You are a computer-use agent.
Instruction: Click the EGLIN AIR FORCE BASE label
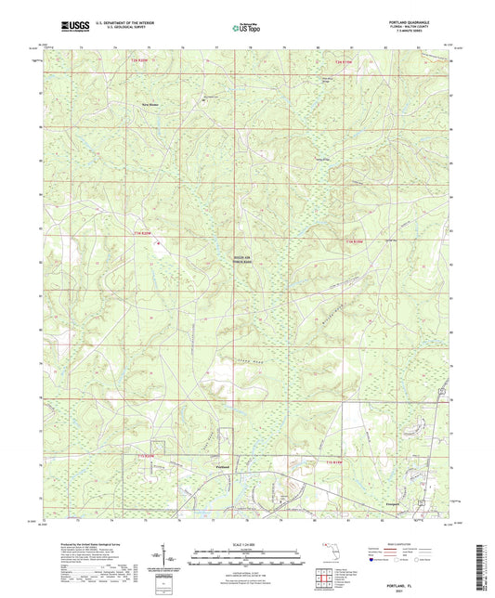(242, 261)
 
